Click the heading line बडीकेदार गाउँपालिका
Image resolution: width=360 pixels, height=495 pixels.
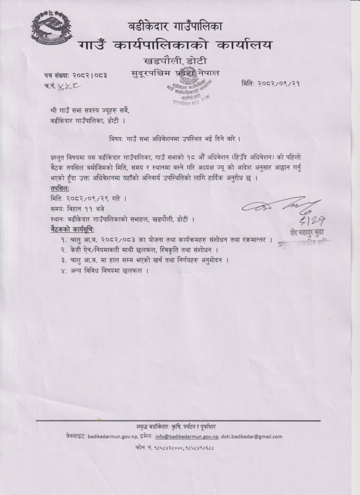coord(183,26)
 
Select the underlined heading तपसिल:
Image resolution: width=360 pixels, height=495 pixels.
coord(56,187)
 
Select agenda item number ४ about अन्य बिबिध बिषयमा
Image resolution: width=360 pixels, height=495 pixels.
coord(107,271)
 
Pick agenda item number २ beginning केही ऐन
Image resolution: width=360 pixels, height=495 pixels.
coord(142,250)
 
